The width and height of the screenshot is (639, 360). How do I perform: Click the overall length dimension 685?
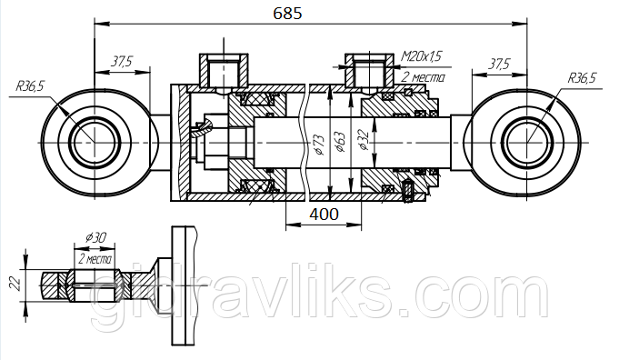[x=288, y=13]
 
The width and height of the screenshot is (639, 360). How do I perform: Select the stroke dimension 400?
[x=324, y=214]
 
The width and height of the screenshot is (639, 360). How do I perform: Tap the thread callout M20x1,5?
[x=422, y=55]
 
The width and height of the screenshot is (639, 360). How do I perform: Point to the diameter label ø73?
[x=319, y=145]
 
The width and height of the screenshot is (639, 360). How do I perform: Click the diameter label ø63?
[x=339, y=142]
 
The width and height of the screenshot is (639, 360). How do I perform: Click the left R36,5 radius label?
[x=30, y=86]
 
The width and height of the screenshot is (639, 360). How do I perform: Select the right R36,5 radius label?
[x=582, y=77]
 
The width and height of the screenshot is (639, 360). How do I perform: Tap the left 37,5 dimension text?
[x=122, y=62]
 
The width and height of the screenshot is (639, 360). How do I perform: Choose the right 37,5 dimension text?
[x=499, y=64]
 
